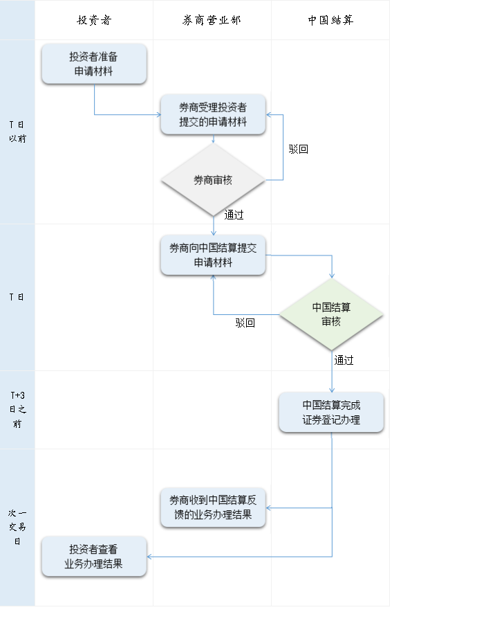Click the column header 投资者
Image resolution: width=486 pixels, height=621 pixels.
coord(94,20)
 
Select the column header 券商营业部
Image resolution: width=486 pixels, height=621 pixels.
coord(212,20)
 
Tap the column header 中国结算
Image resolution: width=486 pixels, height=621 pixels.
coord(330,20)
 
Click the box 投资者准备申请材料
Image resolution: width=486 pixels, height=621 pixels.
coord(94,64)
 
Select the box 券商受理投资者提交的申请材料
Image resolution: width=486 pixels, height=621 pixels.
coord(213,114)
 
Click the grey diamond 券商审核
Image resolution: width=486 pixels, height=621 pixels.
coord(213,180)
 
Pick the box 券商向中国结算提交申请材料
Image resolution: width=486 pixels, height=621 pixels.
coord(213,255)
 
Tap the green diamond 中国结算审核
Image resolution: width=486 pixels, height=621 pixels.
coord(331,314)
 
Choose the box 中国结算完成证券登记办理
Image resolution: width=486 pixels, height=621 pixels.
coord(331,413)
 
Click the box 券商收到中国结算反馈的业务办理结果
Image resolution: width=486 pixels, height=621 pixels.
coord(213,507)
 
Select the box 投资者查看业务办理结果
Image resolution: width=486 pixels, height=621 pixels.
coord(94,557)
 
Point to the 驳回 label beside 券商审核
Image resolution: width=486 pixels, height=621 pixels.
coord(298,149)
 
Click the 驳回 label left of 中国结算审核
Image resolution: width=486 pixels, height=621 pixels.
coord(245,323)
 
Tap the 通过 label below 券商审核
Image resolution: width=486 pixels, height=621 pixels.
coord(234,215)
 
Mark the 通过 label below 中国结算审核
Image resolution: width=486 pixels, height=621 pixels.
coord(344,360)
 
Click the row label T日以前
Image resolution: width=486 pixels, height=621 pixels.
coord(17,132)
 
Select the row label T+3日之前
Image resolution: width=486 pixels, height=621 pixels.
coord(17,410)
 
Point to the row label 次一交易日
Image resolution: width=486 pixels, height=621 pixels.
coord(17,527)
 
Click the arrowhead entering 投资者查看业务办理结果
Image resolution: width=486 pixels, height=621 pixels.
coord(149,557)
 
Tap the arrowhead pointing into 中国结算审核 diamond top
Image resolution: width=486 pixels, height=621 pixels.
coord(332,276)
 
